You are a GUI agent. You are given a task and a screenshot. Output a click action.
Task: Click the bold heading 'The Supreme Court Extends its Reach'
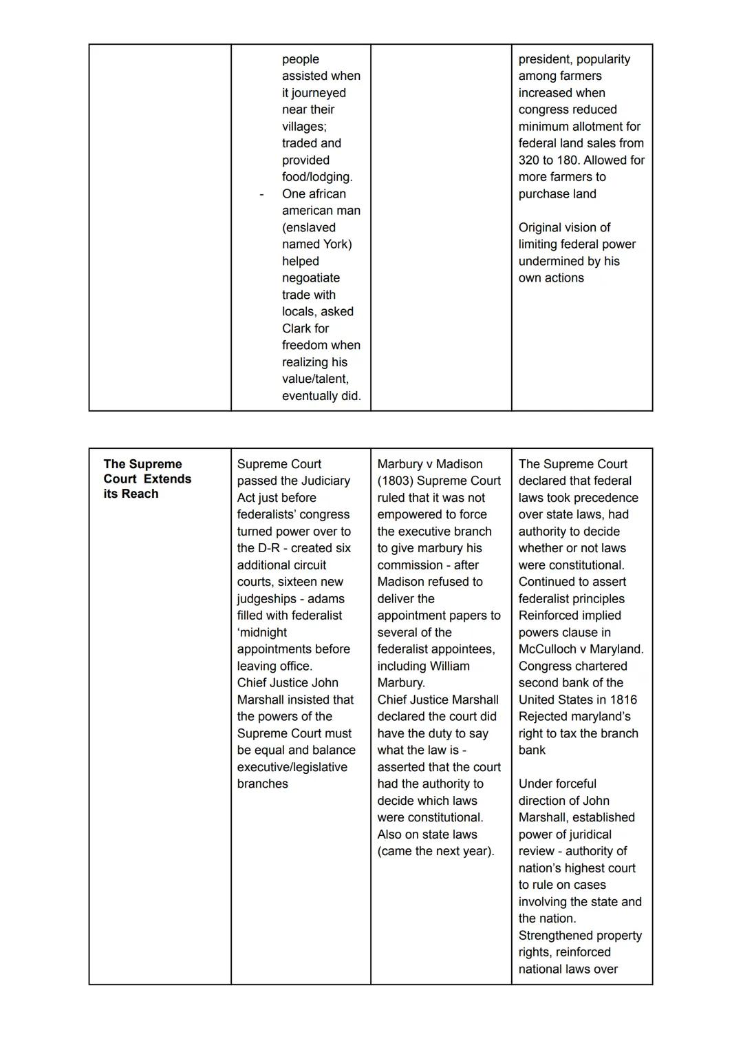pyautogui.click(x=147, y=479)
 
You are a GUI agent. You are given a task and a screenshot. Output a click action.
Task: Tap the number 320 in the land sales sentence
pyautogui.click(x=530, y=160)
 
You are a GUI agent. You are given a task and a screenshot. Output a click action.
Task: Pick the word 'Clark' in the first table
pyautogui.click(x=297, y=328)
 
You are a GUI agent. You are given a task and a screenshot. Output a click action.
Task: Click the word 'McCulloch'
pyautogui.click(x=548, y=649)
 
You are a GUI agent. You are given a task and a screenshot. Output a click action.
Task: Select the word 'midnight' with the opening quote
pyautogui.click(x=262, y=632)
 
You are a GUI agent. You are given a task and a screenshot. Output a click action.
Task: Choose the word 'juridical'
pyautogui.click(x=584, y=834)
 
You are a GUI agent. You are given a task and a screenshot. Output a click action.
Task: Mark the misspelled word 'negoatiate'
pyautogui.click(x=310, y=278)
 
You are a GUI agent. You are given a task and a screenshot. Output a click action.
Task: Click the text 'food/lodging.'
pyautogui.click(x=316, y=177)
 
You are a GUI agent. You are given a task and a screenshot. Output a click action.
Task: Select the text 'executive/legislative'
pyautogui.click(x=292, y=767)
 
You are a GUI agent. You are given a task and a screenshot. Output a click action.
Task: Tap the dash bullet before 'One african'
pyautogui.click(x=261, y=195)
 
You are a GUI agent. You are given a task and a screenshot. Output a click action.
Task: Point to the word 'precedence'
pyautogui.click(x=605, y=498)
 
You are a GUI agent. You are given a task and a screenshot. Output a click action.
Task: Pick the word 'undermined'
pyautogui.click(x=550, y=261)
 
